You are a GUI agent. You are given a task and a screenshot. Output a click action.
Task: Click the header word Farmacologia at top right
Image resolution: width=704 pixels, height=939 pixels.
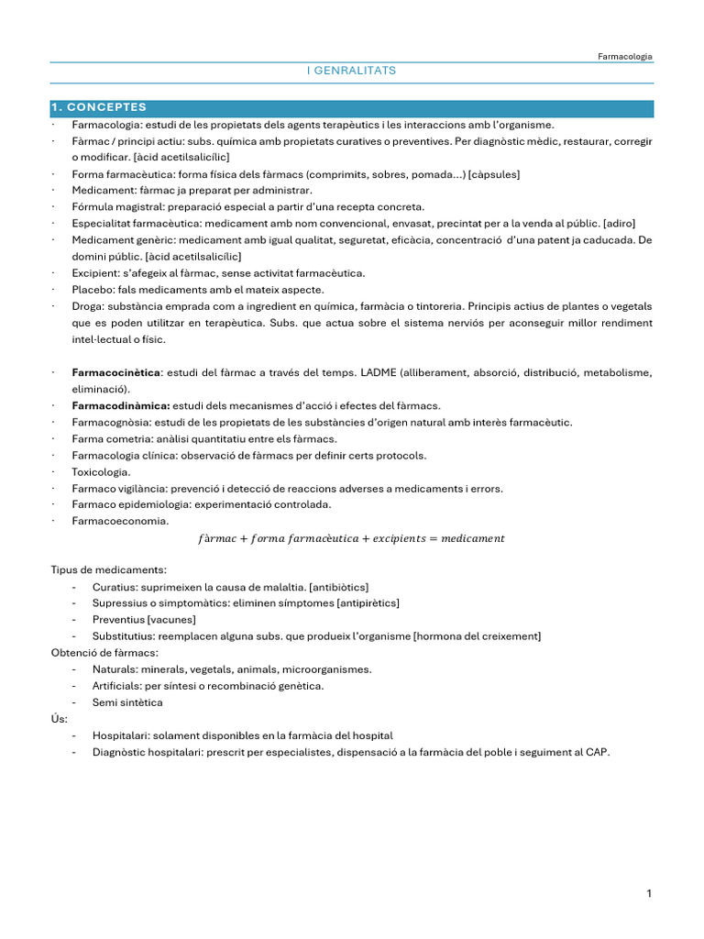click(625, 56)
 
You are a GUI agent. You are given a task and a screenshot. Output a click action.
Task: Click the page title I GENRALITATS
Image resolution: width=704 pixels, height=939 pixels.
click(351, 71)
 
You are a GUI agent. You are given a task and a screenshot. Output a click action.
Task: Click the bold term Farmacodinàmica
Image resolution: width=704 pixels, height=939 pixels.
click(120, 405)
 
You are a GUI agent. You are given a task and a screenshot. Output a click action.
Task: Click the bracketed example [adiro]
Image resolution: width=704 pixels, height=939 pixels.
click(619, 224)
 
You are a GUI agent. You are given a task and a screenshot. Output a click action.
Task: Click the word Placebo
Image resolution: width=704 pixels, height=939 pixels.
click(93, 290)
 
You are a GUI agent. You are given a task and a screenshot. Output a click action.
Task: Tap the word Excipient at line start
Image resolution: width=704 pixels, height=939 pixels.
click(95, 273)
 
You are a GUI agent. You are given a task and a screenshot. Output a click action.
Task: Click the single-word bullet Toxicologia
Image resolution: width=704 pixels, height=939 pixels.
click(101, 471)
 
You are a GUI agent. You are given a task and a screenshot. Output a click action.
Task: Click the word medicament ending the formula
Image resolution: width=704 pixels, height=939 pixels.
click(472, 538)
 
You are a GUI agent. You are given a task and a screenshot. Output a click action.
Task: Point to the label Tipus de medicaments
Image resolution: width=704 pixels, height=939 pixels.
click(108, 570)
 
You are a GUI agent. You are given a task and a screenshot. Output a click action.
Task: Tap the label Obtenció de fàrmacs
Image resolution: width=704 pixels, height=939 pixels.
click(104, 653)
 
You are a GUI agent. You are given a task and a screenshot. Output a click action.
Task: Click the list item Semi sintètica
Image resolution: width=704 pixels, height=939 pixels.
click(127, 702)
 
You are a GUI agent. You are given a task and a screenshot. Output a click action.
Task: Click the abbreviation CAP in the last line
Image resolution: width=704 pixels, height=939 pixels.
click(596, 752)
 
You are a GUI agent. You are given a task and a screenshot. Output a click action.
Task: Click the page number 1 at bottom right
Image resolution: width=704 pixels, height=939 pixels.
click(648, 895)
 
